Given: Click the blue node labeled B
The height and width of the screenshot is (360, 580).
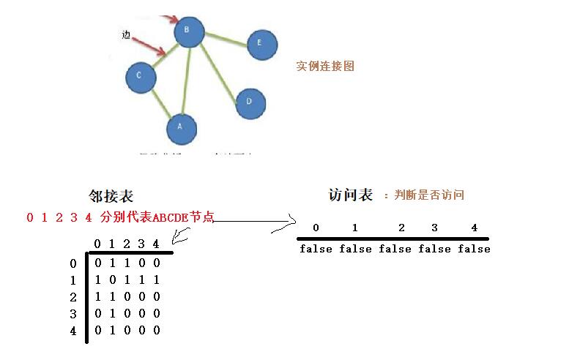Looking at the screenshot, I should [189, 31].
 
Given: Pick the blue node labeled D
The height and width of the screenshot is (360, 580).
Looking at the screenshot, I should [250, 102].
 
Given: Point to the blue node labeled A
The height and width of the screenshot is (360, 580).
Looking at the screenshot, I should [182, 130].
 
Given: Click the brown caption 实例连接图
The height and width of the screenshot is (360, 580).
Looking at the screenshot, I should [325, 66].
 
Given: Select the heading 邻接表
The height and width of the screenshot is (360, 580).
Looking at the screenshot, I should [111, 196].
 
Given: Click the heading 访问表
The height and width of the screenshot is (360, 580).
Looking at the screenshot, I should [351, 195].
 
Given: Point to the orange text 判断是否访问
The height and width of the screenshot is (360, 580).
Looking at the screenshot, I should [428, 195].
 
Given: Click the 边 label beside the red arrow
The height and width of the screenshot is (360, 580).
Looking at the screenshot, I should [127, 34].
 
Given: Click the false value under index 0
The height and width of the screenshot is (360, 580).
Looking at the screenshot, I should [316, 249].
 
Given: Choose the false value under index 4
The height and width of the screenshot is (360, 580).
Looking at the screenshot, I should [474, 249].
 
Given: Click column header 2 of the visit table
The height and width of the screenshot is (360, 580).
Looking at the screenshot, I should [401, 228].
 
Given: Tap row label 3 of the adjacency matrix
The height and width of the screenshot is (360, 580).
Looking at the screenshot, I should [72, 313].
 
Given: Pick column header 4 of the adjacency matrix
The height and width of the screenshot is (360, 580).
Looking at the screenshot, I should [156, 244].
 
